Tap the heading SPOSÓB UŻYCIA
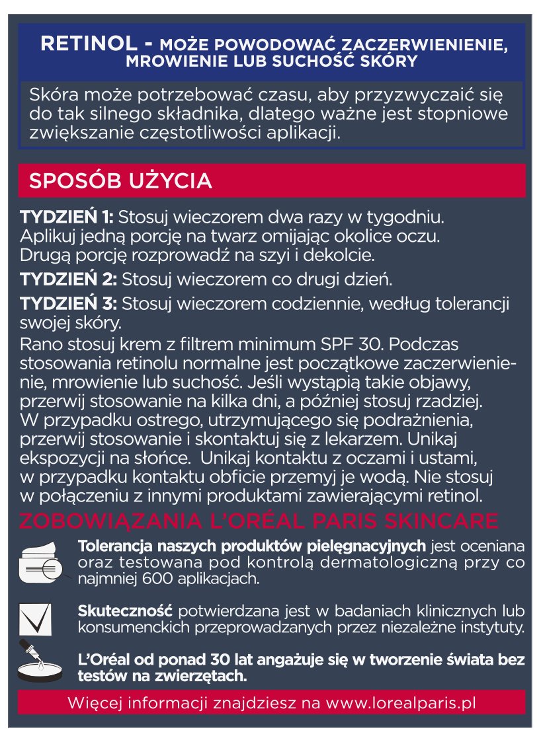120,180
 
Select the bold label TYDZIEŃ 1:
67,217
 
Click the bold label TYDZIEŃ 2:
69,279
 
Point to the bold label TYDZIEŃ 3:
69,305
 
